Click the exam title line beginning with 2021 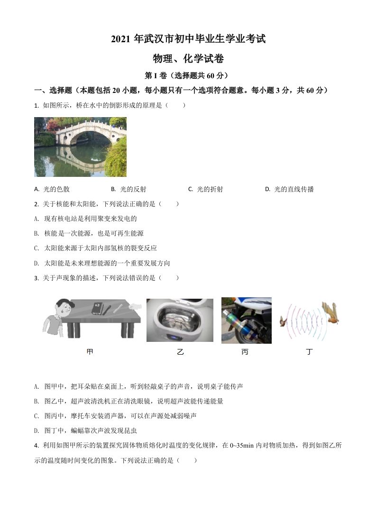(x=188, y=39)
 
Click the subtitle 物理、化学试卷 (x=188, y=59)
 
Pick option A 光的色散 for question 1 (x=52, y=189)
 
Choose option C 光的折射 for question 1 (x=206, y=189)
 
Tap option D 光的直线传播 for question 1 (x=289, y=189)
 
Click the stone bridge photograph (x=80, y=147)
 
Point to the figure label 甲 (x=90, y=352)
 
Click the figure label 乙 (x=180, y=352)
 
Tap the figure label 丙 (x=245, y=352)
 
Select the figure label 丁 (x=310, y=352)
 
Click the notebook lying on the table (x=97, y=308)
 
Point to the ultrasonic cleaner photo (x=180, y=320)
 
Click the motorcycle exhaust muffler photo (x=246, y=320)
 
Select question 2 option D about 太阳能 (x=102, y=263)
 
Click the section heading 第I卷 (x=188, y=75)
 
